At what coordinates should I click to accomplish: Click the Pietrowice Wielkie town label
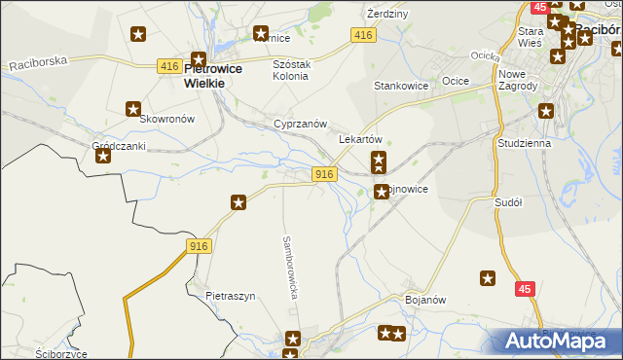click(204, 76)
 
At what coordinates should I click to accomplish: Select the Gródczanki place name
click(118, 146)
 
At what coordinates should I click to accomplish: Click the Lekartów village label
click(359, 139)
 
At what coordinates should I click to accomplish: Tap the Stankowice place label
click(402, 86)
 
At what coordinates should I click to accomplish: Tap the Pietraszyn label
click(230, 296)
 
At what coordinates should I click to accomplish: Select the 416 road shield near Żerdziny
click(363, 35)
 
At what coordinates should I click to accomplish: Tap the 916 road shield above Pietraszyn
click(199, 247)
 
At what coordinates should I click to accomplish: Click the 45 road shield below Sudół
click(526, 289)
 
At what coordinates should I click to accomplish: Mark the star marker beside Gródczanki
click(103, 156)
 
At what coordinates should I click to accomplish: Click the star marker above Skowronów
click(133, 109)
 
